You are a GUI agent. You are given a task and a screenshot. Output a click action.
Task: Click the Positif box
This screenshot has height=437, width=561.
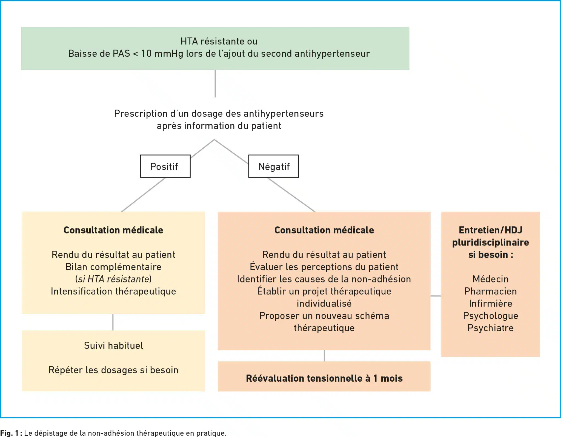pyautogui.click(x=165, y=166)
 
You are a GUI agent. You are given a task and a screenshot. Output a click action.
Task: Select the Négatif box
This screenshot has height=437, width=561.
pyautogui.click(x=273, y=166)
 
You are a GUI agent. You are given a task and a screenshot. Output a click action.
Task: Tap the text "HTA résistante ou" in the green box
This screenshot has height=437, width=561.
pyautogui.click(x=219, y=41)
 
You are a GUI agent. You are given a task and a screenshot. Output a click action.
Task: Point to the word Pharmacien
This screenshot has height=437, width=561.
pyautogui.click(x=490, y=291)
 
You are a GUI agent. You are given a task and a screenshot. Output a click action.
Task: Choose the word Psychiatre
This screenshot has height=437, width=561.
pyautogui.click(x=490, y=328)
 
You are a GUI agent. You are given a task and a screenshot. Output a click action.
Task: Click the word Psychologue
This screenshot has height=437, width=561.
pyautogui.click(x=490, y=316)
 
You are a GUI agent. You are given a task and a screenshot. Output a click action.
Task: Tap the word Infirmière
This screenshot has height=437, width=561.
pyautogui.click(x=490, y=304)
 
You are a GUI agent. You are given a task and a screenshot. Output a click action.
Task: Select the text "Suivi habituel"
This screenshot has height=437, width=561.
pyautogui.click(x=113, y=345)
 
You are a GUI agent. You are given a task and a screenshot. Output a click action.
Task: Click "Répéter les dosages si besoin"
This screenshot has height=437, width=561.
pyautogui.click(x=113, y=370)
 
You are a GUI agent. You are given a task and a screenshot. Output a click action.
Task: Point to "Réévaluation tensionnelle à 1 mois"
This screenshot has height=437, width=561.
pyautogui.click(x=324, y=378)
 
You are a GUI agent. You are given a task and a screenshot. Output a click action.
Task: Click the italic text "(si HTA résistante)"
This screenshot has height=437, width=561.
pyautogui.click(x=113, y=279)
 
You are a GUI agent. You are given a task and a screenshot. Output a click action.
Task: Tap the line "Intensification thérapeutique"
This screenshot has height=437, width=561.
pyautogui.click(x=113, y=292)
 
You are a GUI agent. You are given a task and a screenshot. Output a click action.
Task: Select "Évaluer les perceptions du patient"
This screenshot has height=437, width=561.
pyautogui.click(x=324, y=267)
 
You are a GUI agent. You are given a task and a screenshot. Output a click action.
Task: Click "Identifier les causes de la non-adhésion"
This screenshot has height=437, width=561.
pyautogui.click(x=324, y=279)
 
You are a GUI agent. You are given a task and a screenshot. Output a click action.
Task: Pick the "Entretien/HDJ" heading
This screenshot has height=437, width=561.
pyautogui.click(x=490, y=230)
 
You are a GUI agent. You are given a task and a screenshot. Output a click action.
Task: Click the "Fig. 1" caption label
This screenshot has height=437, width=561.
pyautogui.click(x=9, y=433)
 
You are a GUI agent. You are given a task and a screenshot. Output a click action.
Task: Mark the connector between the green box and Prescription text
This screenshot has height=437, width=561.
pyautogui.click(x=215, y=84)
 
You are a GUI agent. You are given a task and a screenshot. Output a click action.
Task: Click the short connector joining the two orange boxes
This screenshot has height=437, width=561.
pyautogui.click(x=436, y=296)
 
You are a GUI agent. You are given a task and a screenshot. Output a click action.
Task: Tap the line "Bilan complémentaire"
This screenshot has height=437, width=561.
pyautogui.click(x=113, y=267)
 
